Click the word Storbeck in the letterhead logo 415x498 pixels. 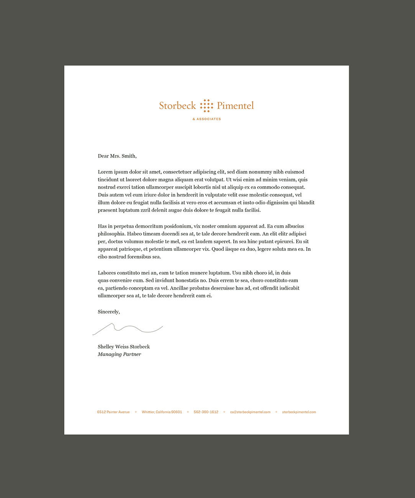[177, 106]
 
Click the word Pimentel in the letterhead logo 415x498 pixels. [235, 106]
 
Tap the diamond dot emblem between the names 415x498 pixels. [207, 106]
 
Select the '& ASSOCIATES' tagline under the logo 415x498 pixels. [207, 119]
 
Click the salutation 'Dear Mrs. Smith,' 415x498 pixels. [117, 156]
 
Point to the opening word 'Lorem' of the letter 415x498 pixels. [105, 172]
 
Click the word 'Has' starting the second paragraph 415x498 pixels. [102, 226]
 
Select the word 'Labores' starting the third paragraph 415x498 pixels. [107, 273]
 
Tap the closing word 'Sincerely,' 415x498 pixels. [109, 312]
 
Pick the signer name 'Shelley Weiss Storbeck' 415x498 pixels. [124, 347]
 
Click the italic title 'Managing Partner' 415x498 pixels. [120, 354]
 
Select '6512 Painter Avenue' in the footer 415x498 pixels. [113, 412]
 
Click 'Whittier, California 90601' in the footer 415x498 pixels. [162, 412]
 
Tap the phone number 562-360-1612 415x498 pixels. [206, 412]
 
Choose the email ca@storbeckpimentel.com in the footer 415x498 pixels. [250, 412]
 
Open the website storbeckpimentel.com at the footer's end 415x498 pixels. [299, 412]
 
